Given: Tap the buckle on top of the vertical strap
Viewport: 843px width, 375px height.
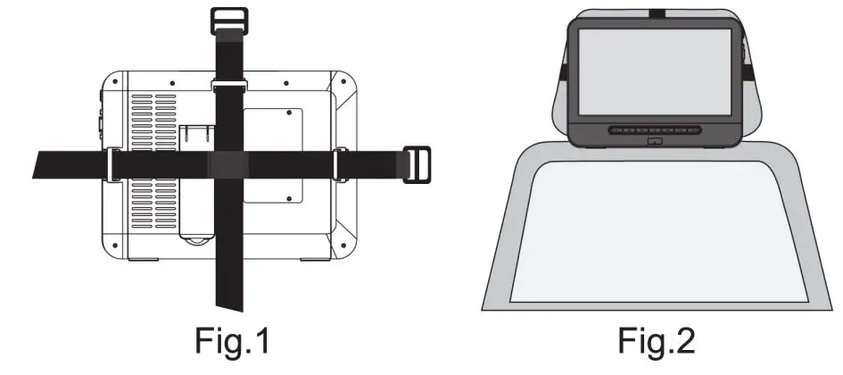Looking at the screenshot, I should click(228, 20).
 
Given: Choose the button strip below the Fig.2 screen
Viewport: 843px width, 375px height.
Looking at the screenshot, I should click(656, 130).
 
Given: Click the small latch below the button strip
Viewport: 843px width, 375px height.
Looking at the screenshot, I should click(656, 141).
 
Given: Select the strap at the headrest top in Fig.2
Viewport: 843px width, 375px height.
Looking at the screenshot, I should click(656, 12).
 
